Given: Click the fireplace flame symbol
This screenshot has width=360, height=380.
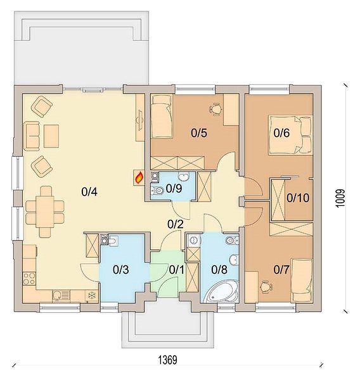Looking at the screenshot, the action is click(139, 177).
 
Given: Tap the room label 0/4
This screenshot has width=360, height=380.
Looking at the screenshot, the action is click(89, 192).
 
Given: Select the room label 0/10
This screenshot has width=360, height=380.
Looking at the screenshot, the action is click(298, 198).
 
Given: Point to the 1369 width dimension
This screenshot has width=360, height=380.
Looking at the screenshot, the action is click(168, 360).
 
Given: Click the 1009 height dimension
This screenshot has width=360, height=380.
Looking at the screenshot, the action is click(341, 198).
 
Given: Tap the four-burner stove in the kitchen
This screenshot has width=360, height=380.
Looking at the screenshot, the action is click(29, 279).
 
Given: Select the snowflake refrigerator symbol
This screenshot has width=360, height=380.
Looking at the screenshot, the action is click(92, 296).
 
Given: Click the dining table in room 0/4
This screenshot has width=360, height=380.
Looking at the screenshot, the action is click(45, 212).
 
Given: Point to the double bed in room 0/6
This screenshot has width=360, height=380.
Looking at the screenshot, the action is click(291, 135).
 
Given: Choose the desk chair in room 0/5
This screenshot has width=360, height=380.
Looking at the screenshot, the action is click(215, 109).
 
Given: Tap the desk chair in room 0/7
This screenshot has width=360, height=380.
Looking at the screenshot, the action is click(266, 287).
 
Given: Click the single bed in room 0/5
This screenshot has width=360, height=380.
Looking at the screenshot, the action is click(162, 116).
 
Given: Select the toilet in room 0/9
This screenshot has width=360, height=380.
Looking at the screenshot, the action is click(157, 191).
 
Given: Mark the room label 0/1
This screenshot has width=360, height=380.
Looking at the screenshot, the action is click(176, 270).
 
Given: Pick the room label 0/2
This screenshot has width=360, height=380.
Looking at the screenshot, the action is click(176, 224).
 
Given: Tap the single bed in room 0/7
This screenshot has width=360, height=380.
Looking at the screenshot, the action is click(302, 281).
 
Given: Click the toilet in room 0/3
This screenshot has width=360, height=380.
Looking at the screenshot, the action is click(113, 241).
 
